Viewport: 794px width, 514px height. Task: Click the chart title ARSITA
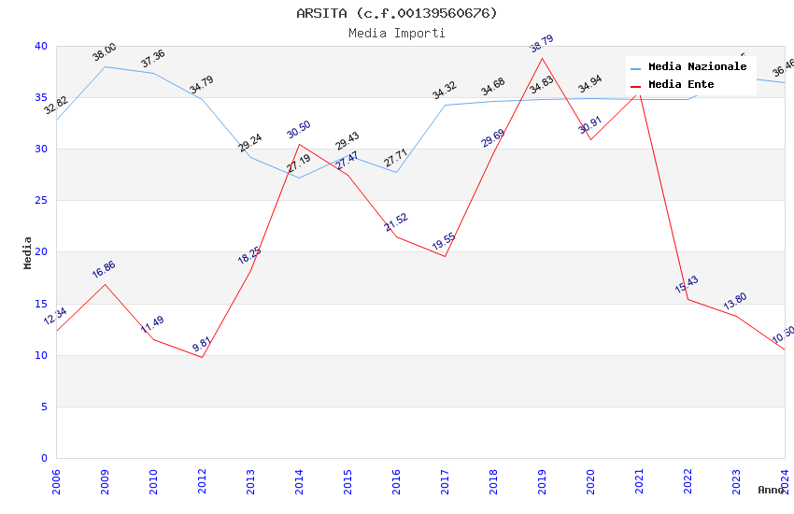(x=396, y=13)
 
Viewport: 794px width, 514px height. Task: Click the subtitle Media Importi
(x=396, y=33)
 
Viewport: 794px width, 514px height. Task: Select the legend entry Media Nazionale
(x=697, y=66)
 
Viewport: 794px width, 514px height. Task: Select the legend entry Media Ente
(x=681, y=84)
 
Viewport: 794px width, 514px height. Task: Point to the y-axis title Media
(x=28, y=252)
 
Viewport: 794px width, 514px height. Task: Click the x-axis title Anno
(x=771, y=490)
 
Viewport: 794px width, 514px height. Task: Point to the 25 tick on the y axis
(x=41, y=201)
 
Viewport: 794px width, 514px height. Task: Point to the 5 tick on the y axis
(x=44, y=407)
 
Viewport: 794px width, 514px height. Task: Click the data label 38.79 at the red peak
(x=542, y=44)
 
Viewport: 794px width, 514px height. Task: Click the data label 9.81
(x=202, y=344)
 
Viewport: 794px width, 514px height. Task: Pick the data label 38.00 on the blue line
(x=105, y=52)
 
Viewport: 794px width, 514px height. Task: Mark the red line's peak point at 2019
(x=542, y=58)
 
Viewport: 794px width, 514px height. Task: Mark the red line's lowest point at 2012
(x=202, y=357)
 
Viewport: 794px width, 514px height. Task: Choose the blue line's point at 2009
(x=105, y=66)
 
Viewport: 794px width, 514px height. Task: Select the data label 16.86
(x=104, y=270)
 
